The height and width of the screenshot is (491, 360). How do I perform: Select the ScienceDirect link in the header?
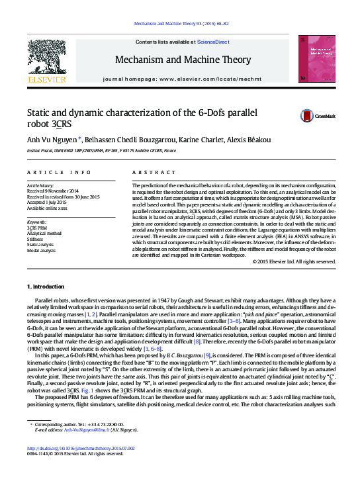[213, 42]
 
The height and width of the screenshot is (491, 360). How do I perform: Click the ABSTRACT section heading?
[145, 172]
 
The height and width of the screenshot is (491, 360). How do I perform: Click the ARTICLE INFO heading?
[50, 172]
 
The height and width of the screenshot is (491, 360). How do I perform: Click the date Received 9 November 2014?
[56, 191]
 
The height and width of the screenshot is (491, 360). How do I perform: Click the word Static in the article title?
[40, 112]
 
